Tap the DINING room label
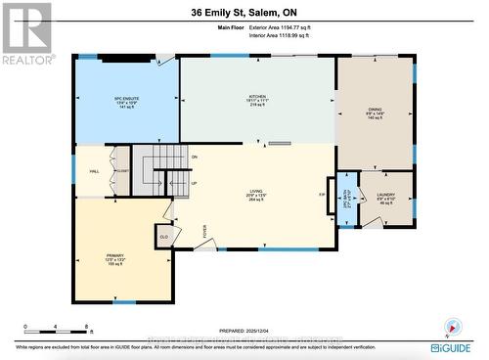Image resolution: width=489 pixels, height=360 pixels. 376,112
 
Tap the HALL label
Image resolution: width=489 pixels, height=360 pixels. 95,171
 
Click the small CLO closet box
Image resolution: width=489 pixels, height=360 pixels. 162,236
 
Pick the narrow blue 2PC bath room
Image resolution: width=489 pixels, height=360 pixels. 343,201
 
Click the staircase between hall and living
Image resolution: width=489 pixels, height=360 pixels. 154,169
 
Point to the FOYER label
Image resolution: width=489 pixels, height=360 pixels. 205,231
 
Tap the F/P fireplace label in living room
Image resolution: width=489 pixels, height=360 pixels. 322,195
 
